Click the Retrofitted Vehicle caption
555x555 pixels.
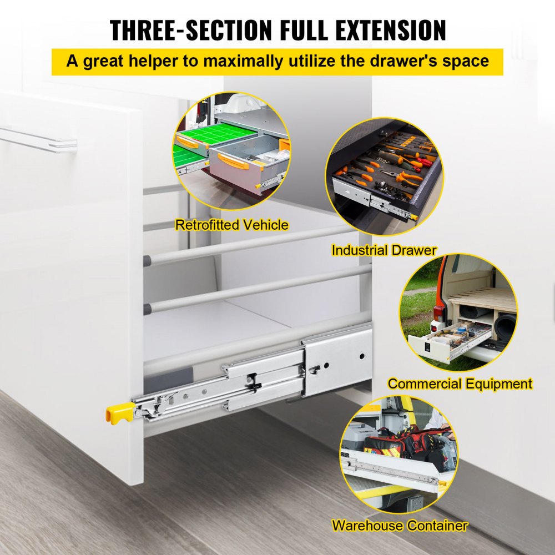click(x=231, y=225)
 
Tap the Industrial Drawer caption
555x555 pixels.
click(x=384, y=250)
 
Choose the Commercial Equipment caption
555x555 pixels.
click(x=460, y=384)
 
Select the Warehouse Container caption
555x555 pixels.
click(x=400, y=525)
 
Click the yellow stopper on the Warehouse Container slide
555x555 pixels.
click(x=442, y=486)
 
